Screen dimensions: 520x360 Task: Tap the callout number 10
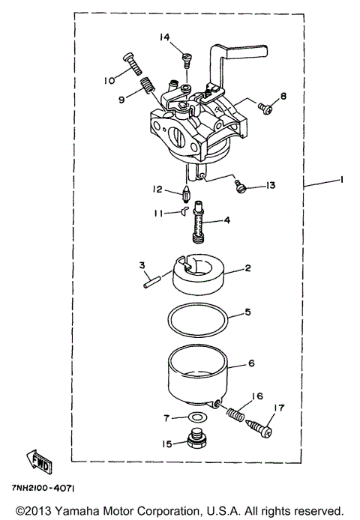(x=109, y=79)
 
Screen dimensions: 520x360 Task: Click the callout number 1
(x=340, y=180)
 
